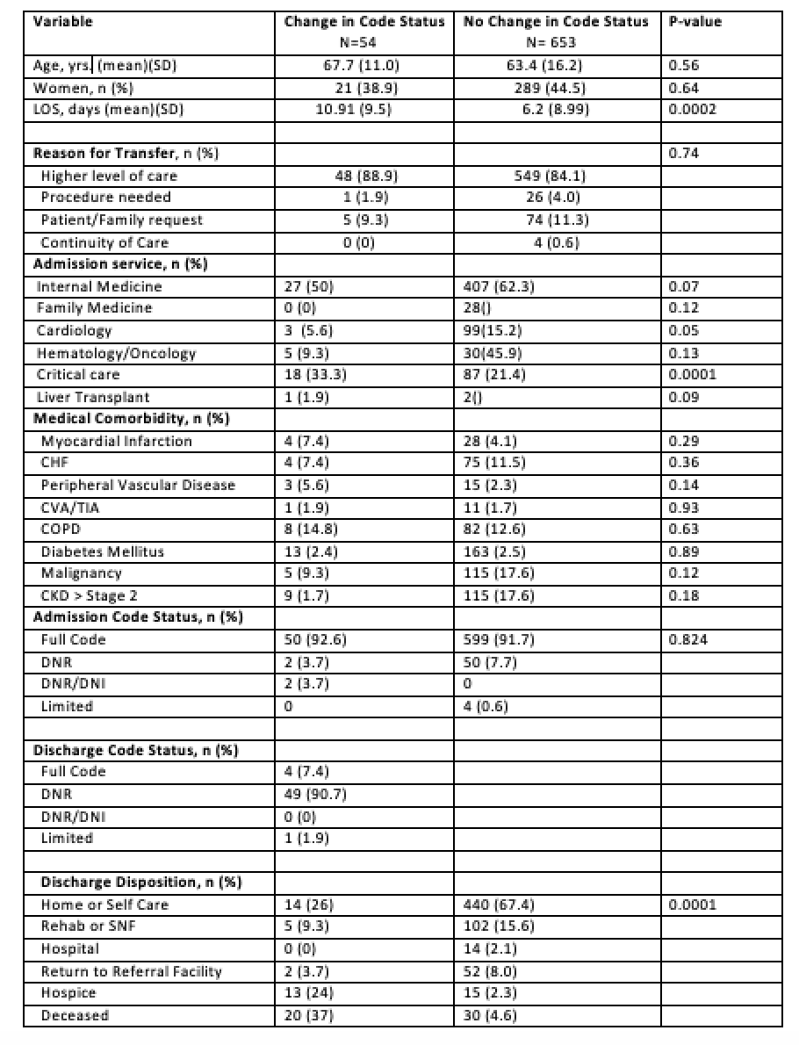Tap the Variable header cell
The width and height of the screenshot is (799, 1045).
click(x=62, y=21)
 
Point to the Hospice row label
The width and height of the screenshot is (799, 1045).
click(x=68, y=992)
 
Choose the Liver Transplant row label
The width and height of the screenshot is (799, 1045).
click(x=93, y=397)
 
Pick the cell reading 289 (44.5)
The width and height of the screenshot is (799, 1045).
click(x=556, y=87)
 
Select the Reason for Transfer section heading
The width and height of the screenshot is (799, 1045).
click(x=126, y=153)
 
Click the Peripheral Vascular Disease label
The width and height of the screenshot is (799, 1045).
click(x=138, y=485)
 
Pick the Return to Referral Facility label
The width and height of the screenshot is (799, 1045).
click(x=132, y=970)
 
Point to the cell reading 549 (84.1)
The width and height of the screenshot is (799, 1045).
click(x=556, y=175)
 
